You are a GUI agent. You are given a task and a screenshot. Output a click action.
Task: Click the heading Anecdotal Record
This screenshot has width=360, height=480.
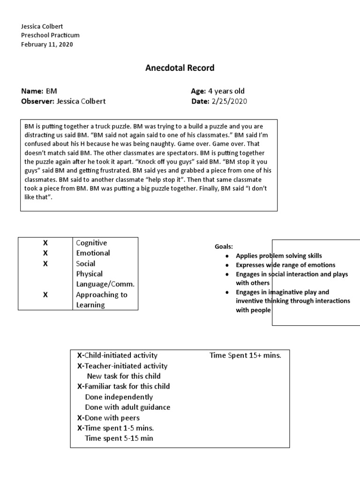[180, 68]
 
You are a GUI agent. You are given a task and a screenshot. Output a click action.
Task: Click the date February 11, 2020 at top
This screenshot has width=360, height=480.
[47, 45]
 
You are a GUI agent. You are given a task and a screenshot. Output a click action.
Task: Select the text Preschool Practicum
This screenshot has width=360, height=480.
[51, 35]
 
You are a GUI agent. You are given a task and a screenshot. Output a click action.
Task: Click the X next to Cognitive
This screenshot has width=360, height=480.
[45, 243]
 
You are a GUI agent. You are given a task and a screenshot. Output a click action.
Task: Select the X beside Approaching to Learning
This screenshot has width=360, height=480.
[45, 295]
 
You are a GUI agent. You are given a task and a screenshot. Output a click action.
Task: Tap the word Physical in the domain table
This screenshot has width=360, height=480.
[89, 274]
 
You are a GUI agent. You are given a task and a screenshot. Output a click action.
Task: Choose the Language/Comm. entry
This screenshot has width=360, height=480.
[105, 284]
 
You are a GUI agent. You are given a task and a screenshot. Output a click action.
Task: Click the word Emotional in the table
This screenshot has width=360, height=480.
[93, 253]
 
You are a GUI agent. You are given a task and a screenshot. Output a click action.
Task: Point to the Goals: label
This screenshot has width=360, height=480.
[224, 247]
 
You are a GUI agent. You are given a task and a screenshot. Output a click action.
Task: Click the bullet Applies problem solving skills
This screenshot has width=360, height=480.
[279, 256]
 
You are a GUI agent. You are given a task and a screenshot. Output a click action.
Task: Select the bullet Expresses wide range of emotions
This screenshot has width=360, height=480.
[285, 265]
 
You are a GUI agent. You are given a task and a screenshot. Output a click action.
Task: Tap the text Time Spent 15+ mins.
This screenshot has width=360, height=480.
[245, 355]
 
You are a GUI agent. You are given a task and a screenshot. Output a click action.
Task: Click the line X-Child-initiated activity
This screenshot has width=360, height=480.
[117, 355]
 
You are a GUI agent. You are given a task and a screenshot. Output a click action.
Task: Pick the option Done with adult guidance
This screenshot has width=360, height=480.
[127, 407]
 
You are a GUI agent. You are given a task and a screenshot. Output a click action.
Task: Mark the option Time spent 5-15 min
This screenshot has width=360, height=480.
[119, 438]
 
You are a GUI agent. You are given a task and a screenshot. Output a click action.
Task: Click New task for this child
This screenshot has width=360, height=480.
[124, 376]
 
